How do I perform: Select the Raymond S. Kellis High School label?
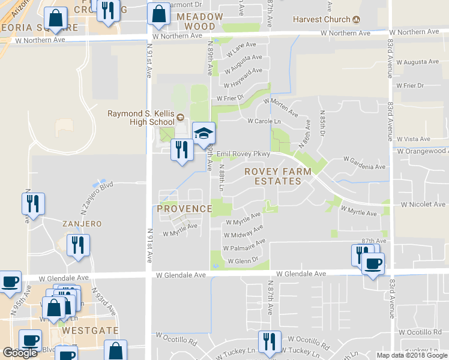[141, 118]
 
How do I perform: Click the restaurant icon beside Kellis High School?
[181, 149]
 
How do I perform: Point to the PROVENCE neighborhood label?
[184, 209]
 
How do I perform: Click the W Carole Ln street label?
[265, 121]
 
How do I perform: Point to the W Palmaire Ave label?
[244, 245]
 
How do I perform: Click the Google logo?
[20, 353]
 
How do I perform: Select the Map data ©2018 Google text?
[412, 355]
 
